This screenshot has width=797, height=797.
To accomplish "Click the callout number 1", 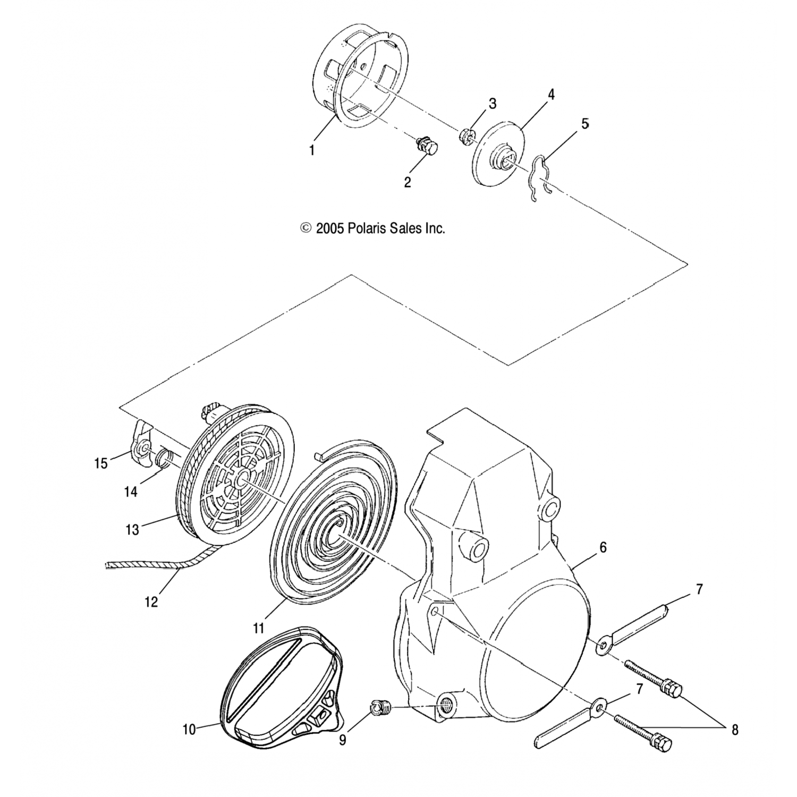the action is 312,150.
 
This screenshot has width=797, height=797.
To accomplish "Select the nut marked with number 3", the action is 465,135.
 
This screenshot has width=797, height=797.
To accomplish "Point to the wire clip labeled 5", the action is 539,178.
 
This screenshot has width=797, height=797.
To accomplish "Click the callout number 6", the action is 603,547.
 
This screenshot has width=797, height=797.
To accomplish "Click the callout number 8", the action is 735,730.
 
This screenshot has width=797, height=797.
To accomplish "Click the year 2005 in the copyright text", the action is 330,228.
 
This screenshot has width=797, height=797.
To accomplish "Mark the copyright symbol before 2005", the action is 306,228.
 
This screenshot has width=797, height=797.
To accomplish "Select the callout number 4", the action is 551,95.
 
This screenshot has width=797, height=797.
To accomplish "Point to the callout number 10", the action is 189,730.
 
